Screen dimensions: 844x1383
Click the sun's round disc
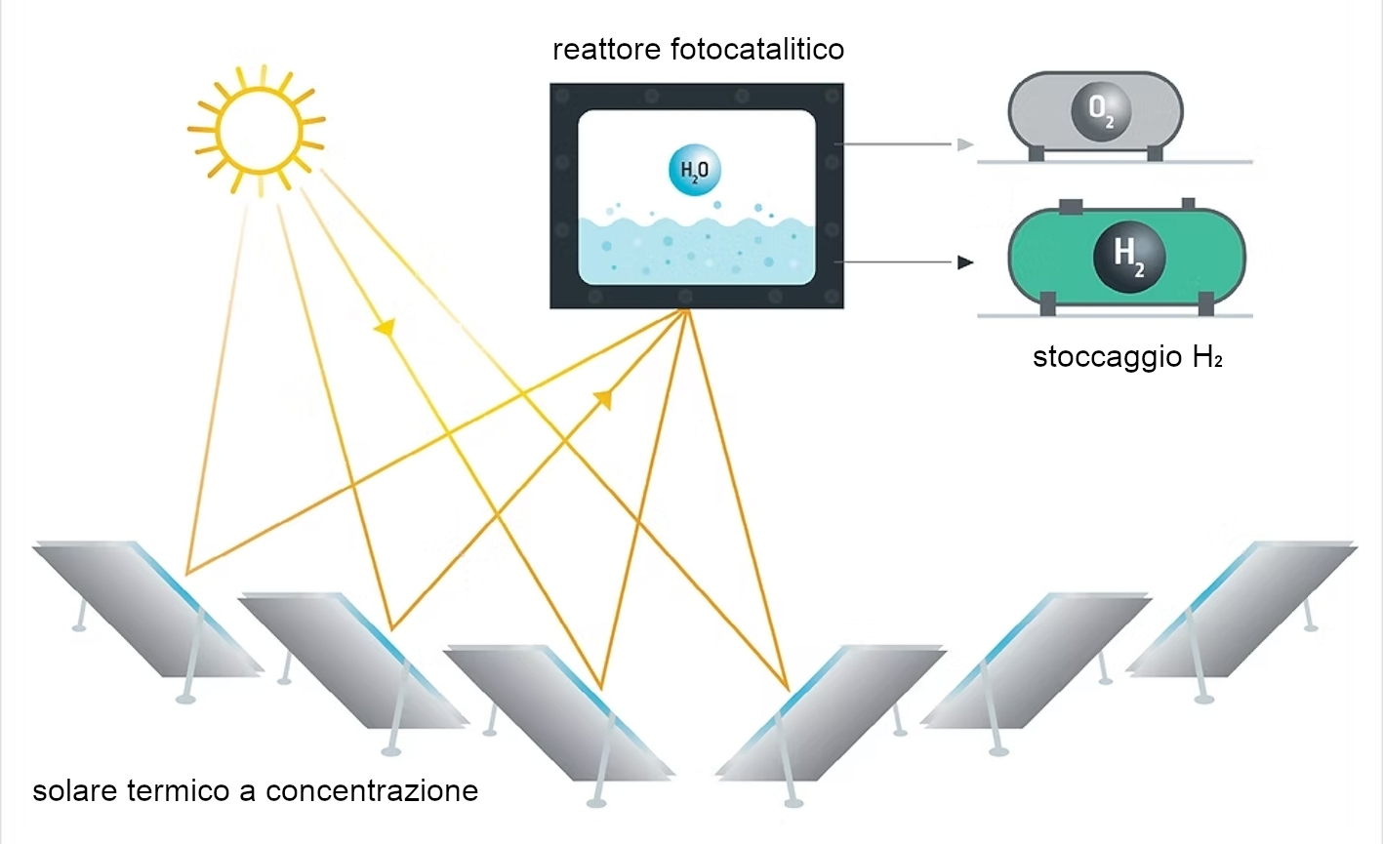point(258,129)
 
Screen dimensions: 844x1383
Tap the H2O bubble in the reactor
point(694,171)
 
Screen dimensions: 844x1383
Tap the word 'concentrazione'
point(372,789)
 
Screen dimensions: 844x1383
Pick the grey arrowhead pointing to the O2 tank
point(965,145)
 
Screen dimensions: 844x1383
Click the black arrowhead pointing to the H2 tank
point(965,262)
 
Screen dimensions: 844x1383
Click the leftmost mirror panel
point(146,607)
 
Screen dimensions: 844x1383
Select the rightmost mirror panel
point(1241,607)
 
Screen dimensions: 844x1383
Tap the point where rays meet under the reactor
point(687,313)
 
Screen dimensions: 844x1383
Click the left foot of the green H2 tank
point(1047,304)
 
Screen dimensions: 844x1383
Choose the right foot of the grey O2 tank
point(1155,153)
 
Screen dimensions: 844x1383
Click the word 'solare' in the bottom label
point(76,789)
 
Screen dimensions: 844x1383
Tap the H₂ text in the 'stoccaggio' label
point(1207,357)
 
